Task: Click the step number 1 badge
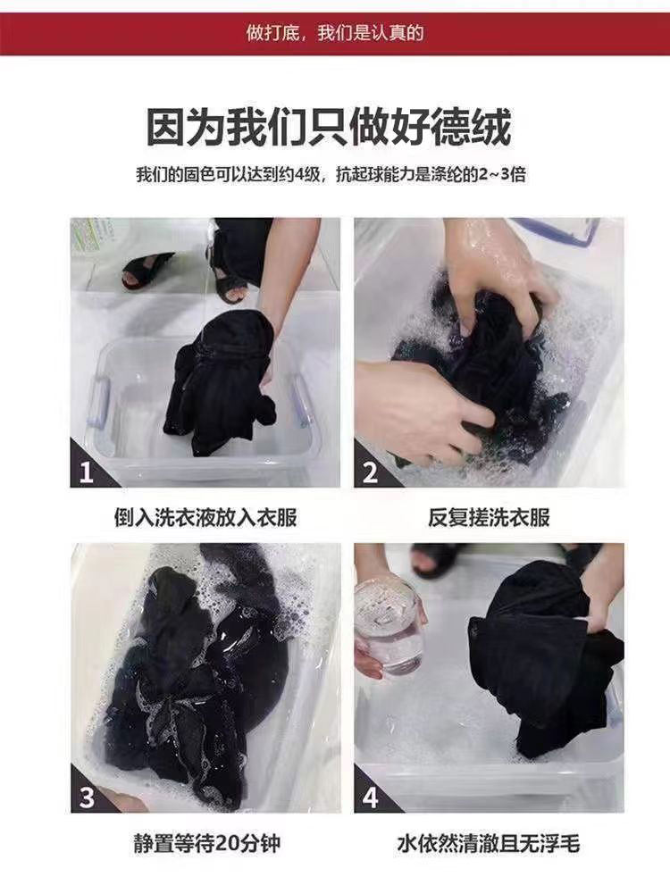(86, 471)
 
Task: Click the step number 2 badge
(370, 471)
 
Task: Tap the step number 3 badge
(87, 797)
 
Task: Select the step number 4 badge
(370, 797)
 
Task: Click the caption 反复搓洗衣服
(489, 517)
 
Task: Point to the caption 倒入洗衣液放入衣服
(205, 517)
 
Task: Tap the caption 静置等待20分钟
(206, 843)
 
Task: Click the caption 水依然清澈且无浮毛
(489, 843)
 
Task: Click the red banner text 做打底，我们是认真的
(335, 33)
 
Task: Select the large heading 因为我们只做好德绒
(329, 128)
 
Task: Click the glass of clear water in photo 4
(389, 624)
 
